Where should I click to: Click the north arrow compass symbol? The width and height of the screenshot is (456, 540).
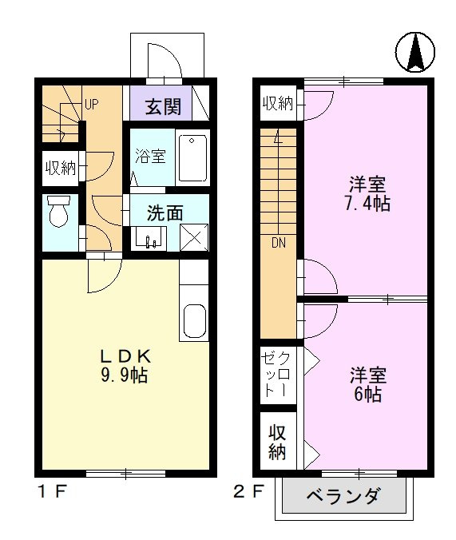415,52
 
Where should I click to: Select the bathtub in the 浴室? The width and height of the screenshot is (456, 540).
192,157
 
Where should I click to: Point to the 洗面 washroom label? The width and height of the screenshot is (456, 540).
165,213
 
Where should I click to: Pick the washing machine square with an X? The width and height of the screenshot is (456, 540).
193,238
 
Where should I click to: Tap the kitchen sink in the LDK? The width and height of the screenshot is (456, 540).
194,320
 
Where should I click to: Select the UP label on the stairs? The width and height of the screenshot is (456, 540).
91,105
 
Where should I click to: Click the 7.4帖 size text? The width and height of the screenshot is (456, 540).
367,203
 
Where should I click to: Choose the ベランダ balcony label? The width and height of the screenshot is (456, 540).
343,496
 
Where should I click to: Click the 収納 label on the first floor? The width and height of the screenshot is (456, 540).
61,168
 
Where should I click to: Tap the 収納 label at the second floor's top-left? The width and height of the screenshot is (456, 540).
278,103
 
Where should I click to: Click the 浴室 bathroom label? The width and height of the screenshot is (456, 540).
150,157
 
